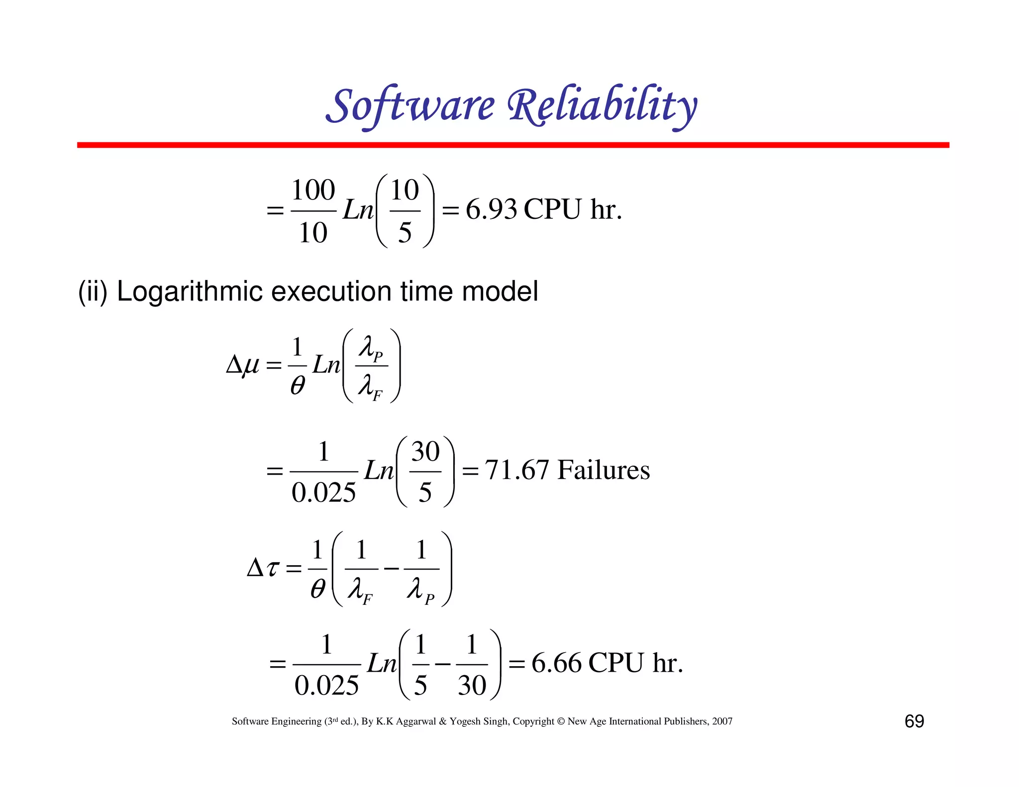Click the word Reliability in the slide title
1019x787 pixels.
(x=602, y=105)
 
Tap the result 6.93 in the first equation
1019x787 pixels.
(x=491, y=209)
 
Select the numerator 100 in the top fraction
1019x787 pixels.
(x=313, y=190)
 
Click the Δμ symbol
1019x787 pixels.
(x=243, y=366)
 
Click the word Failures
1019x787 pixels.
(x=603, y=470)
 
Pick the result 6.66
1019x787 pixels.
(x=556, y=663)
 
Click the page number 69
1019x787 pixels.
(x=914, y=721)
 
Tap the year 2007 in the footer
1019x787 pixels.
(x=722, y=721)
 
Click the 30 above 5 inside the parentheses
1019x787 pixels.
(x=425, y=452)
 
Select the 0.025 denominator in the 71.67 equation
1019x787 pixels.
(x=323, y=492)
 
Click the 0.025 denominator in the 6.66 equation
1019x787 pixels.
(x=326, y=686)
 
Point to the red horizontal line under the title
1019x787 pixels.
(x=512, y=145)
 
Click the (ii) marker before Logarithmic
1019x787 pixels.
(x=93, y=291)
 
